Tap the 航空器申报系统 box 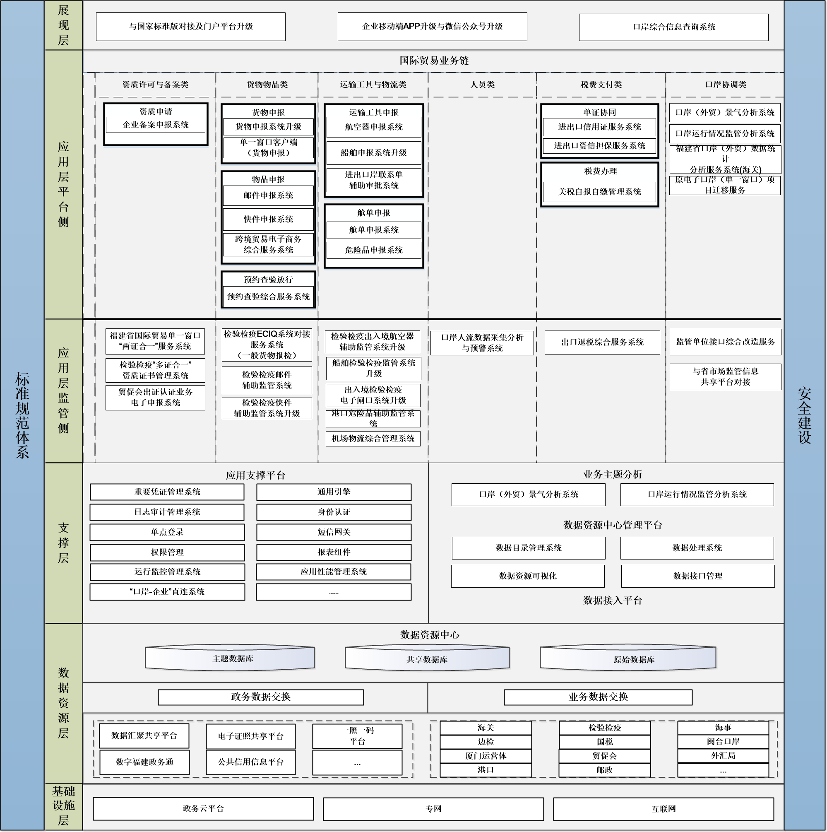point(373,127)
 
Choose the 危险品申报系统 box point(373,250)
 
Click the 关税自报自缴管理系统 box point(599,192)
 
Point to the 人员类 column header point(482,85)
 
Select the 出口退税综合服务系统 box point(602,342)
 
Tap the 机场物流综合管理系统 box point(373,439)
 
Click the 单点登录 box point(167,532)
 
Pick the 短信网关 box point(334,532)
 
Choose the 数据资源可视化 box point(527,576)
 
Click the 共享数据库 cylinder point(427,659)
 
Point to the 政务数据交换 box point(260,697)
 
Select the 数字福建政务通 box point(144,762)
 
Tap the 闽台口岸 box point(723,742)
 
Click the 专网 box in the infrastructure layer point(433,809)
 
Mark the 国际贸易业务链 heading point(433,61)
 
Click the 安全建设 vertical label point(805,415)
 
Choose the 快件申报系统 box point(268,219)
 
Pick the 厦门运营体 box point(485,756)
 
